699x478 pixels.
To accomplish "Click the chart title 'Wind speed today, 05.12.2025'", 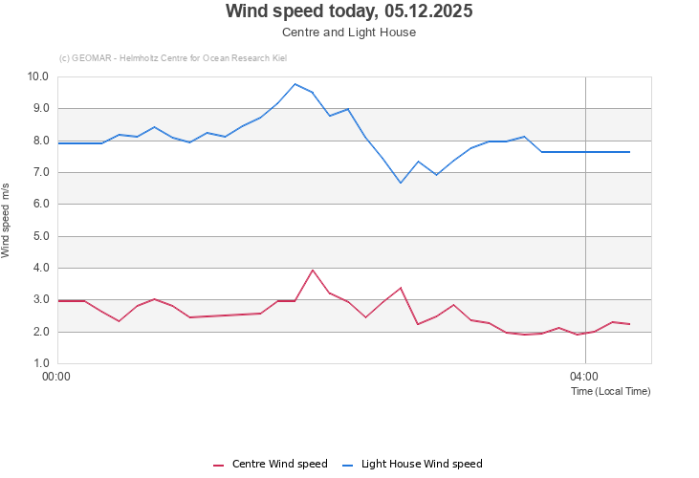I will click(349, 11).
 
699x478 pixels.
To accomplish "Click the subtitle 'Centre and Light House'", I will click(349, 32).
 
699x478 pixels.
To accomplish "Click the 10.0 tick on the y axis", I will click(38, 76).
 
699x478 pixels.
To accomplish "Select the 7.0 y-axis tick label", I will click(41, 172).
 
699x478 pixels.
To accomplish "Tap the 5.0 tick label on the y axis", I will click(41, 236).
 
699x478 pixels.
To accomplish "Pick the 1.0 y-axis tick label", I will click(41, 363).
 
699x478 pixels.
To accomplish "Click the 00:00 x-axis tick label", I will click(57, 377).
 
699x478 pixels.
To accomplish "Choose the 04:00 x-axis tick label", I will click(584, 377).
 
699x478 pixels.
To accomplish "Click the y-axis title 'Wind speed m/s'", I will click(7, 221).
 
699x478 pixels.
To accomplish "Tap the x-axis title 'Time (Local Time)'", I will click(610, 391).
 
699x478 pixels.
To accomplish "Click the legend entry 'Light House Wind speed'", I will click(422, 464).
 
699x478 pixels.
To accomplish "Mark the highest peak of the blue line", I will click(295, 84).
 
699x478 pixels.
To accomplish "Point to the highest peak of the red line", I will click(313, 270).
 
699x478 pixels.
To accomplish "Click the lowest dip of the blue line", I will click(401, 183).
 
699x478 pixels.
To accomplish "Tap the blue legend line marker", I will click(349, 465).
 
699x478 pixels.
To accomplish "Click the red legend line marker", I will click(219, 465).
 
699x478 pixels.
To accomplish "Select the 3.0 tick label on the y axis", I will click(41, 299).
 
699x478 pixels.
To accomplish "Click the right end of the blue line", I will click(629, 152).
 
